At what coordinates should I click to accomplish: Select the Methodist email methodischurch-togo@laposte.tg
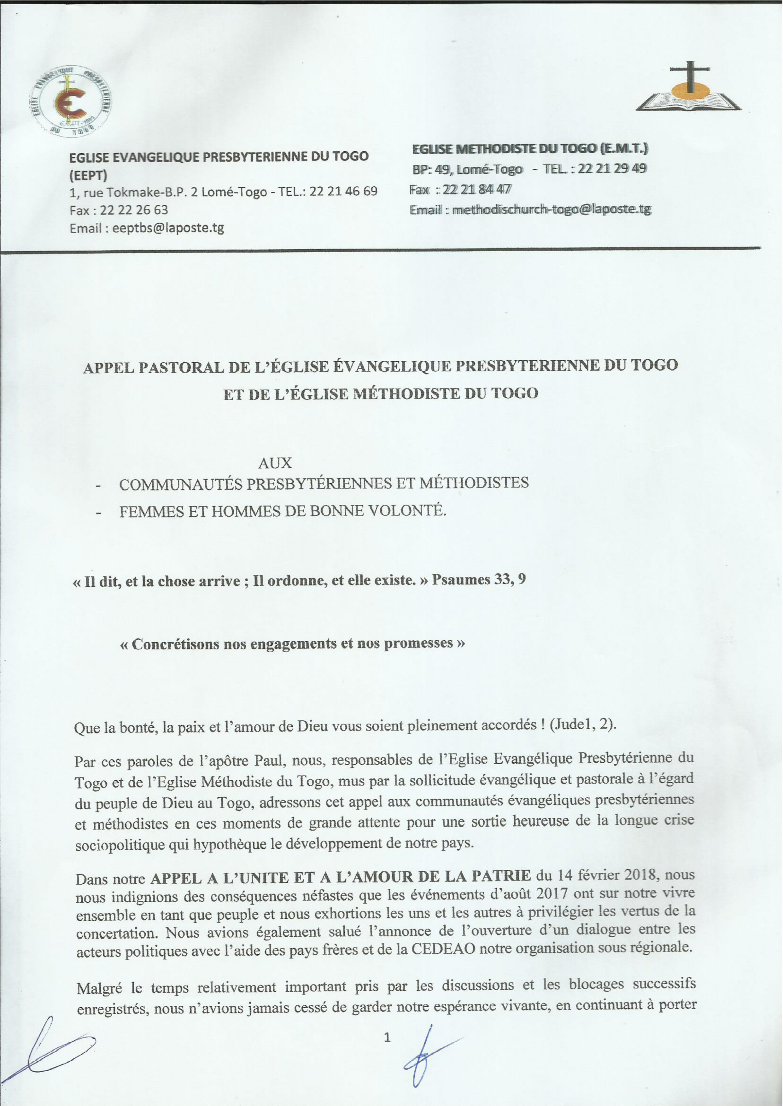(552, 210)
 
